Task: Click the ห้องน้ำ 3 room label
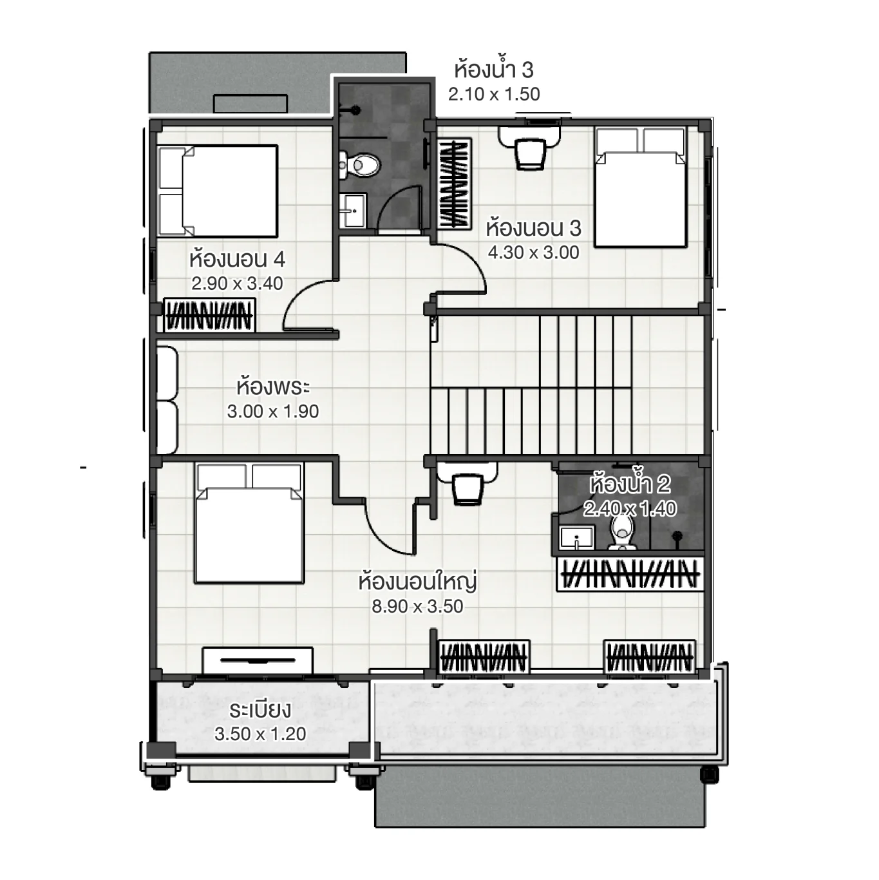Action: click(493, 69)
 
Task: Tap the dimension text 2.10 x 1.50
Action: click(494, 94)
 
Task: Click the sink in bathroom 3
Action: click(352, 210)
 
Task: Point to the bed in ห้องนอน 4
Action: click(218, 191)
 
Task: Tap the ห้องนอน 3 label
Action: click(533, 228)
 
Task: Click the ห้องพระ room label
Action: click(273, 387)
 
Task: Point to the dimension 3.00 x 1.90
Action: click(273, 412)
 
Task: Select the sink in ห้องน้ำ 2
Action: click(576, 537)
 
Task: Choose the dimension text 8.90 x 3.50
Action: click(417, 606)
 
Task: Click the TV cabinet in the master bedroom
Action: click(258, 661)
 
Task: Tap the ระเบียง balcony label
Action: click(260, 710)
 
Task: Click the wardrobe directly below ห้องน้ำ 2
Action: click(629, 574)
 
